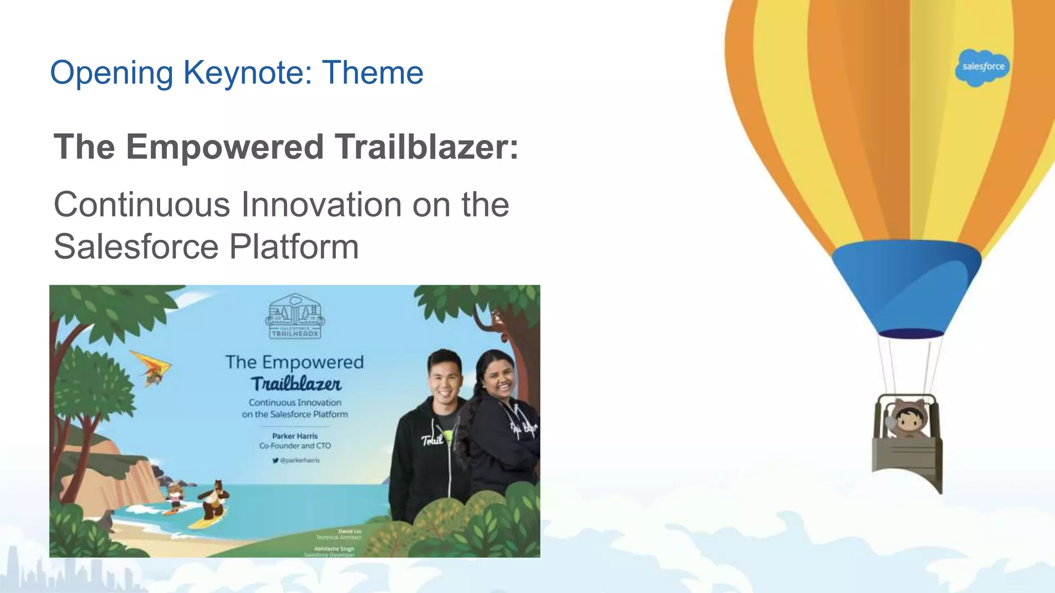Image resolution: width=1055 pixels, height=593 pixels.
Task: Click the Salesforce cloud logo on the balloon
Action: (982, 67)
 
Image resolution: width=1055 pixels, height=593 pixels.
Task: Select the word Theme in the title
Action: (372, 73)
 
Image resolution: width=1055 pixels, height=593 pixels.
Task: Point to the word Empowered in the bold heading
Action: (225, 147)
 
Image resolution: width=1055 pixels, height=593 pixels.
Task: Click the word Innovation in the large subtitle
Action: (321, 205)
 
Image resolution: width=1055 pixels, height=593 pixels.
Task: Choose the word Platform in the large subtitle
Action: (294, 247)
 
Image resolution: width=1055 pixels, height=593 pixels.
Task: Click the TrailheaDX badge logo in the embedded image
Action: (295, 317)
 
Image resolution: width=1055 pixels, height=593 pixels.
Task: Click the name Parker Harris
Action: (295, 436)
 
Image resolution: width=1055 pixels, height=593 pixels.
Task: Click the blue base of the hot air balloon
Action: (906, 288)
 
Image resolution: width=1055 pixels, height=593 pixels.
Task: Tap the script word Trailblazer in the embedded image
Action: (296, 384)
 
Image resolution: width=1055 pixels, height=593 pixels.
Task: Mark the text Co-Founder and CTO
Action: (295, 446)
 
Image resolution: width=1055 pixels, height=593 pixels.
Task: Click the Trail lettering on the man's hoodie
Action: (432, 440)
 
